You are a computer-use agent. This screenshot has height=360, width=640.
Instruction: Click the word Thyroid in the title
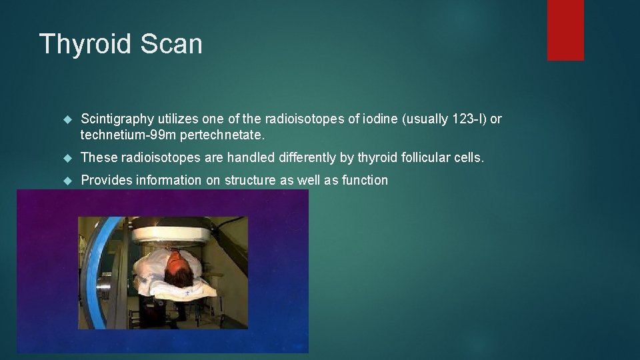(x=83, y=44)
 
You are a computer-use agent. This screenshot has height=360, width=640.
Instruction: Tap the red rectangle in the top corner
(x=565, y=30)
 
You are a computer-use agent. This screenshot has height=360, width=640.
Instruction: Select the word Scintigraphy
(x=117, y=119)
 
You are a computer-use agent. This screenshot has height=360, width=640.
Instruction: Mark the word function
(x=365, y=180)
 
